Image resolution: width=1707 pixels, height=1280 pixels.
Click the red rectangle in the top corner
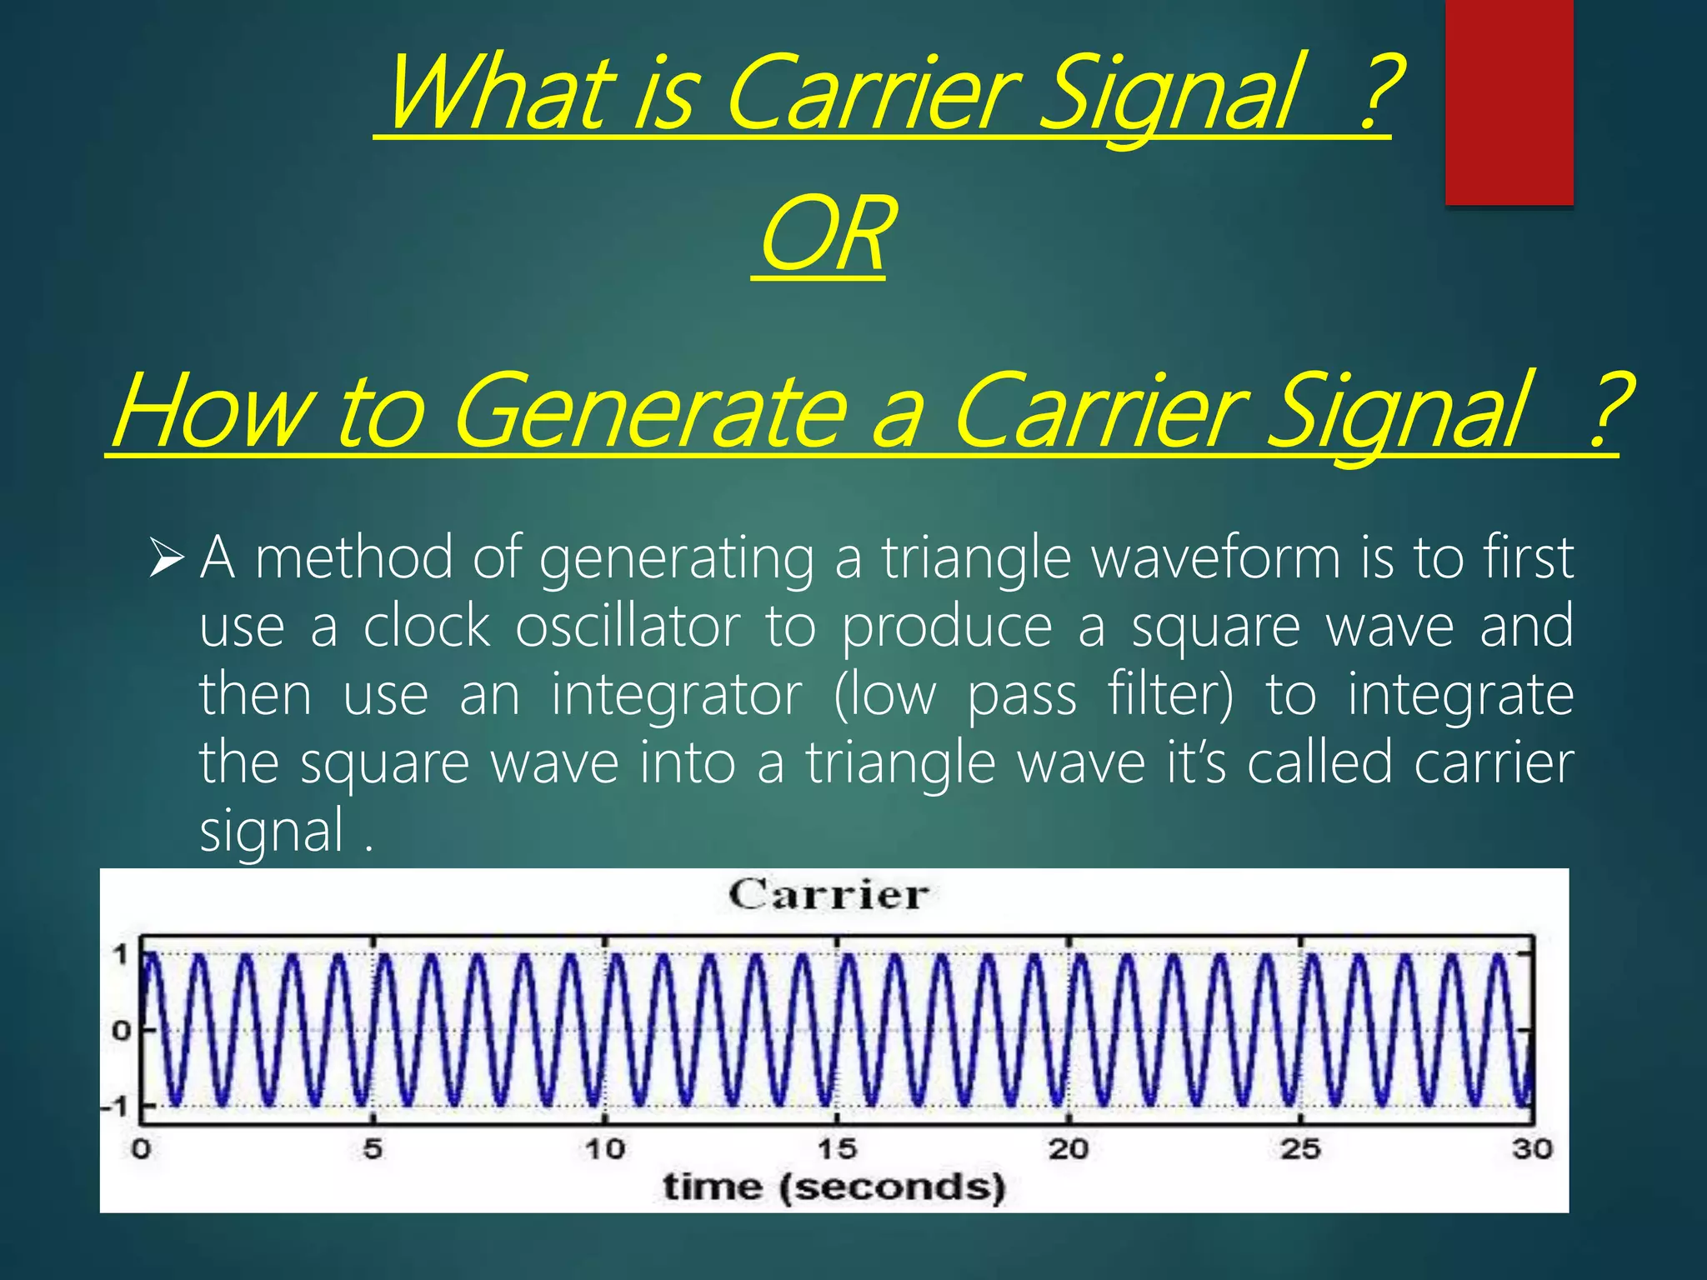[x=1509, y=102]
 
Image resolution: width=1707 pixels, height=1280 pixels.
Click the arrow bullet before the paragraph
[x=166, y=557]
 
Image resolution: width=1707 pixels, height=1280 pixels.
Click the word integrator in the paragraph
[x=677, y=695]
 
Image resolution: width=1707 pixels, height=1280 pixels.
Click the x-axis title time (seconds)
[x=833, y=1187]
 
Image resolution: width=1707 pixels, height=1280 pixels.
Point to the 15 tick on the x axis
[x=837, y=1149]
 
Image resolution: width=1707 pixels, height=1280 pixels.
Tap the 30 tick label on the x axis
[x=1532, y=1149]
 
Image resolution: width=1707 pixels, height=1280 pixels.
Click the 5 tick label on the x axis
[x=373, y=1149]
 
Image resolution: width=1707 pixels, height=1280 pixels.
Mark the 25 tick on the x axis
[x=1300, y=1149]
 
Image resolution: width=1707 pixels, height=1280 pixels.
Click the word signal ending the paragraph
[x=272, y=832]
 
